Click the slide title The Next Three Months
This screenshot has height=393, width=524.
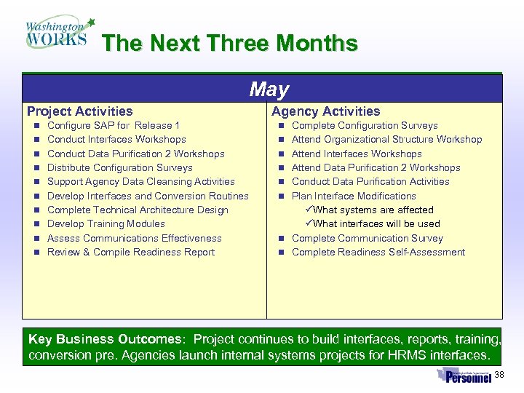[x=230, y=44]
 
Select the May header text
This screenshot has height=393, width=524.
[x=269, y=89]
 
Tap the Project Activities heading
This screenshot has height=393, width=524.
[x=80, y=111]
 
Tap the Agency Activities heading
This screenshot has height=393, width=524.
[x=325, y=111]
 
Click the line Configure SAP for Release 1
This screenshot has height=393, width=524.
[x=113, y=126]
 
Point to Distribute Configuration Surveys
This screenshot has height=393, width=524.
[x=119, y=167]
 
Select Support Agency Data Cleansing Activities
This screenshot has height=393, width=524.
[x=140, y=182]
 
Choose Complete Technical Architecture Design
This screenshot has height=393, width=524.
[x=138, y=210]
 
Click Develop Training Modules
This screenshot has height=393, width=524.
[x=106, y=224]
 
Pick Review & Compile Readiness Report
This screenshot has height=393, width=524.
[x=131, y=253]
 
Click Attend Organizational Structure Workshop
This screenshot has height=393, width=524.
[x=386, y=140]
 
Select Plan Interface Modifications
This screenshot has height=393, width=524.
[x=354, y=196]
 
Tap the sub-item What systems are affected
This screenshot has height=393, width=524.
[x=373, y=210]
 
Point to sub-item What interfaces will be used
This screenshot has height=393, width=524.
[x=376, y=224]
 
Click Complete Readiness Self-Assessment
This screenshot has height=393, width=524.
[x=378, y=253]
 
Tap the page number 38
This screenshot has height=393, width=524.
[x=499, y=375]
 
